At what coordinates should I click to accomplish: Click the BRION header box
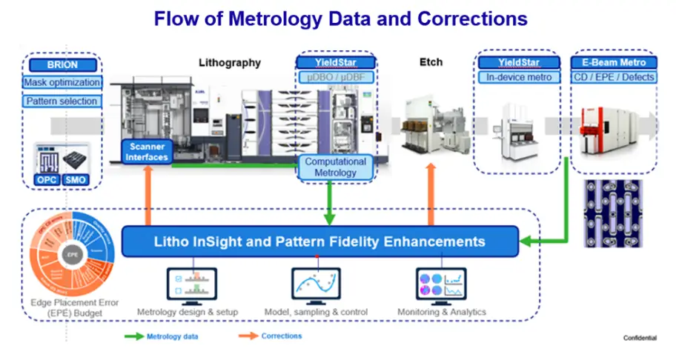pos(62,65)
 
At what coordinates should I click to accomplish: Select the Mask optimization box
pos(62,83)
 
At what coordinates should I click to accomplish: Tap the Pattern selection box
pos(62,101)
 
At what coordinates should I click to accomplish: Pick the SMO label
pos(76,180)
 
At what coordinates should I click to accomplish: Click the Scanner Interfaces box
pos(148,152)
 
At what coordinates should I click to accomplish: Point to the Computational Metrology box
pos(336,167)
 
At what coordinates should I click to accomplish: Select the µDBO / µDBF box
pos(336,77)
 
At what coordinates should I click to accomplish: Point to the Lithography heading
pos(230,63)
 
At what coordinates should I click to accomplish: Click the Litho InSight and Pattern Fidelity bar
pos(320,241)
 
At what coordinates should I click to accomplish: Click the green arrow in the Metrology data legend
pos(133,336)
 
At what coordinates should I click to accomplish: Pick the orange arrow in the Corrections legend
pos(248,336)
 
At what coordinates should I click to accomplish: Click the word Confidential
pos(640,339)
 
